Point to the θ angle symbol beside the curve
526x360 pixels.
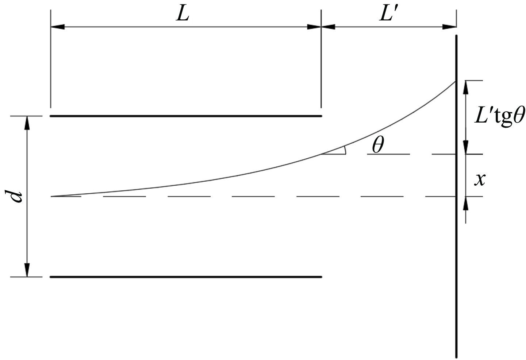378,145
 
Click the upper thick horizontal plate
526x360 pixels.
186,116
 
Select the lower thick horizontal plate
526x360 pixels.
186,277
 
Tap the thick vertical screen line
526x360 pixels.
456,197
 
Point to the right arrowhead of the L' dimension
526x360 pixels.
449,27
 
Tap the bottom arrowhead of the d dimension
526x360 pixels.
27,270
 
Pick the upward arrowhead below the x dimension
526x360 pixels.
466,203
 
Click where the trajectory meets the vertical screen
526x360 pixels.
456,81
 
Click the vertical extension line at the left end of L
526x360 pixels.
51,59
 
